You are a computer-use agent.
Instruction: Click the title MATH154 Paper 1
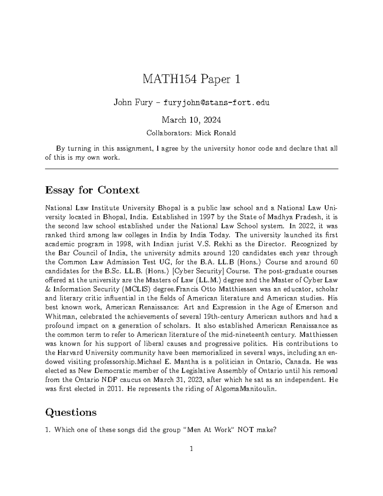tap(191, 79)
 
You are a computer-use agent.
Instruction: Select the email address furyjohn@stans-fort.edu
tap(216, 103)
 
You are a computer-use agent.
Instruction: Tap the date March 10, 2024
tap(191, 120)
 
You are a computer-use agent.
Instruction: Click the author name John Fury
tap(133, 103)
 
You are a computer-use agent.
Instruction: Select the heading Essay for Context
tap(92, 190)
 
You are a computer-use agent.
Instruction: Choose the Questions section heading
tap(71, 412)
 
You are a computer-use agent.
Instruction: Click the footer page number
tap(191, 449)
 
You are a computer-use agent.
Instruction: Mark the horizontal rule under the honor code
tap(191, 169)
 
